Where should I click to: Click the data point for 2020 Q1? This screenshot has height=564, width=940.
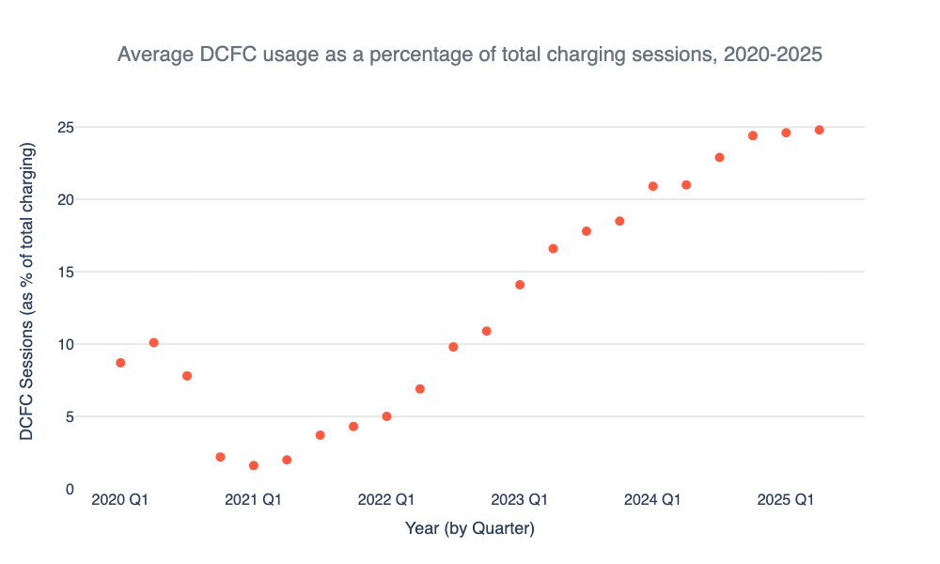[120, 363]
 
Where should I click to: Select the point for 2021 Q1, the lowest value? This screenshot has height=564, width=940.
[254, 465]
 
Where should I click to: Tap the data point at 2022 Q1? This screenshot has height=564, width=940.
[386, 416]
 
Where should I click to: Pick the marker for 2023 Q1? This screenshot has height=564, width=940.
[520, 285]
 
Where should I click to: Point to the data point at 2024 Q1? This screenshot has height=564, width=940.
[653, 186]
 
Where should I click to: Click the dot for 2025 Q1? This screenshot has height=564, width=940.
[786, 133]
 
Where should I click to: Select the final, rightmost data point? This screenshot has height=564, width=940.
[820, 130]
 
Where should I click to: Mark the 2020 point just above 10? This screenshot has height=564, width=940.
[153, 343]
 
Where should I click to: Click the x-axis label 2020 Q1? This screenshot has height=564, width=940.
[120, 499]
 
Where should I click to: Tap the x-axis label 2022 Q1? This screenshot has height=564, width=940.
[386, 499]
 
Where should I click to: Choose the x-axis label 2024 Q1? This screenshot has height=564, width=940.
[653, 499]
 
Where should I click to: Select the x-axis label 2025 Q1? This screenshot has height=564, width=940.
[786, 499]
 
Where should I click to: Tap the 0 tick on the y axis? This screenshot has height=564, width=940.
[70, 489]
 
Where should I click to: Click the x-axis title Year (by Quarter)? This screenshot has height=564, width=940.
[470, 529]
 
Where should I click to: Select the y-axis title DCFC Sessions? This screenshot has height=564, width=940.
[28, 291]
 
